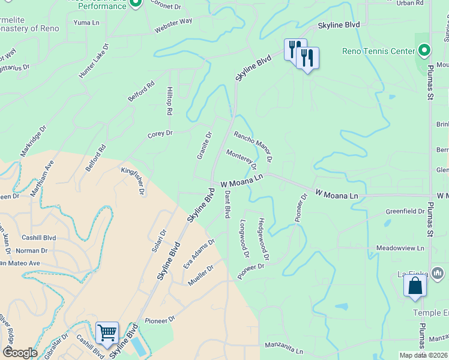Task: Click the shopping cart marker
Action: pos(107,332)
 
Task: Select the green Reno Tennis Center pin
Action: pos(424,50)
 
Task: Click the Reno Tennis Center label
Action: pos(378,51)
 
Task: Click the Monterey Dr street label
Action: pos(241,159)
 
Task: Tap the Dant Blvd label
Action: pos(228,205)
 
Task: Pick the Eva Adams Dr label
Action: pos(199,257)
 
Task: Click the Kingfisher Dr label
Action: pos(134,181)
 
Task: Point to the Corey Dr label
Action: pos(160,134)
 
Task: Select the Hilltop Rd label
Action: pos(169,103)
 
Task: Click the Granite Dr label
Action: pos(205,146)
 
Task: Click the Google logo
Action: pos(20,353)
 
